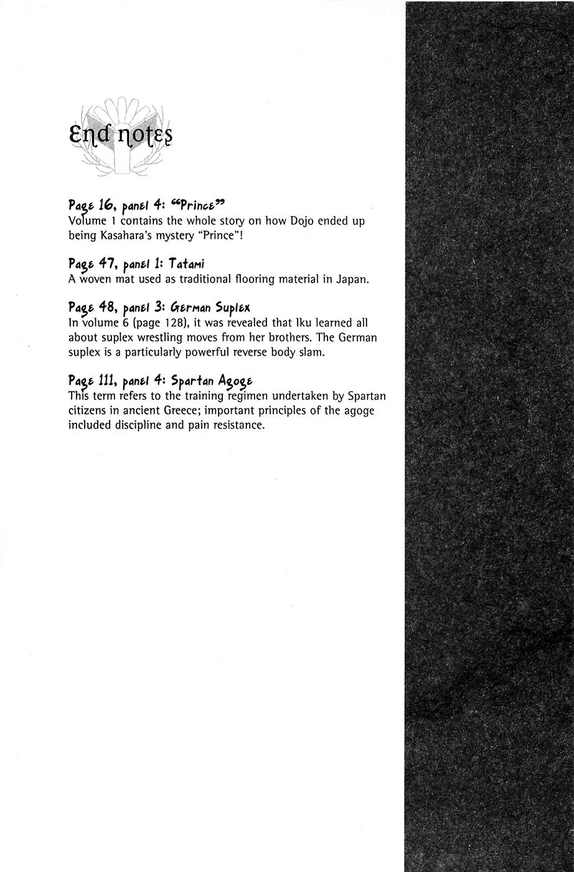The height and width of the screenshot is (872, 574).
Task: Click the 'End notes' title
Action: pyautogui.click(x=121, y=135)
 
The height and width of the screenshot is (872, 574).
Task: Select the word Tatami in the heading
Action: pyautogui.click(x=186, y=263)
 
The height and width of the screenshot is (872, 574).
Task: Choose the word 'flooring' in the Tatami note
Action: pyautogui.click(x=237, y=279)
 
